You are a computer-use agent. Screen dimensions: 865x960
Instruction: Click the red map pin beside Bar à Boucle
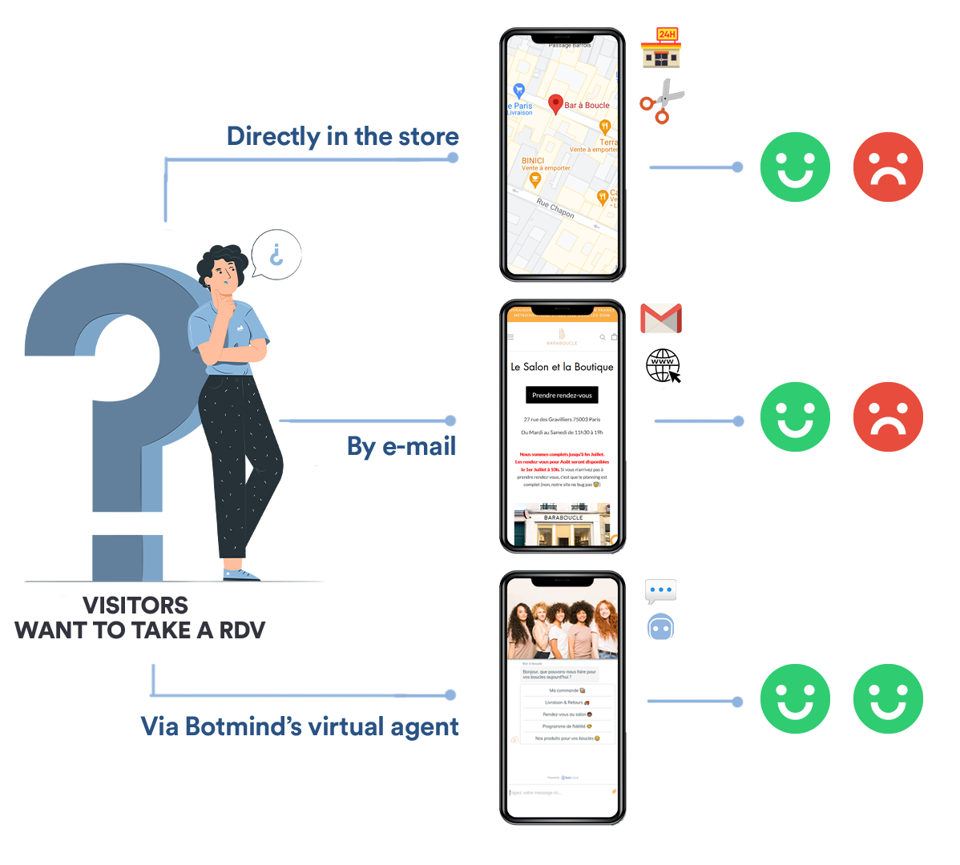tap(555, 104)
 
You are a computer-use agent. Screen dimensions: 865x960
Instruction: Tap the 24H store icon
tap(660, 47)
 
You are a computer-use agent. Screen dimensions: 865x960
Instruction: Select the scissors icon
tap(662, 102)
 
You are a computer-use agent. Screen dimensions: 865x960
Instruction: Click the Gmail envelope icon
tap(661, 318)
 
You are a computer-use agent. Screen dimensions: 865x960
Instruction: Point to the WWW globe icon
tap(663, 368)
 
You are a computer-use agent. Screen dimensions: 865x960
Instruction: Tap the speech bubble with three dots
tap(660, 592)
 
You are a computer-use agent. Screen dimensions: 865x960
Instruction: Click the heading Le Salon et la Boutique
tap(562, 367)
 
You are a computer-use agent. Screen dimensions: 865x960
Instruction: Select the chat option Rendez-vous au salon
tap(567, 714)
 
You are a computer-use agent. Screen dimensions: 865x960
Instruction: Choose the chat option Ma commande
tap(567, 690)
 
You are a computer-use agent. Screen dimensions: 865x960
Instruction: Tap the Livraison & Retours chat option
tap(567, 702)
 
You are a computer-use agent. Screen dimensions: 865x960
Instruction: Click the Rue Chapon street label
tap(555, 208)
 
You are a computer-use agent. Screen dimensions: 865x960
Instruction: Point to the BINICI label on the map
tap(533, 161)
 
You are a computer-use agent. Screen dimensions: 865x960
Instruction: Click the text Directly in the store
tap(343, 137)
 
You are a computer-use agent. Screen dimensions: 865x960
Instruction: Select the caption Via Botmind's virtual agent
tap(300, 726)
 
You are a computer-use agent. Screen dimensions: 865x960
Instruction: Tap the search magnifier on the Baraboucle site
tap(603, 337)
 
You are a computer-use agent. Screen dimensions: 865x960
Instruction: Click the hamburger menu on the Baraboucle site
tap(510, 337)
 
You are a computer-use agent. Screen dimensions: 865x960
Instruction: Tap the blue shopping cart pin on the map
tap(518, 91)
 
